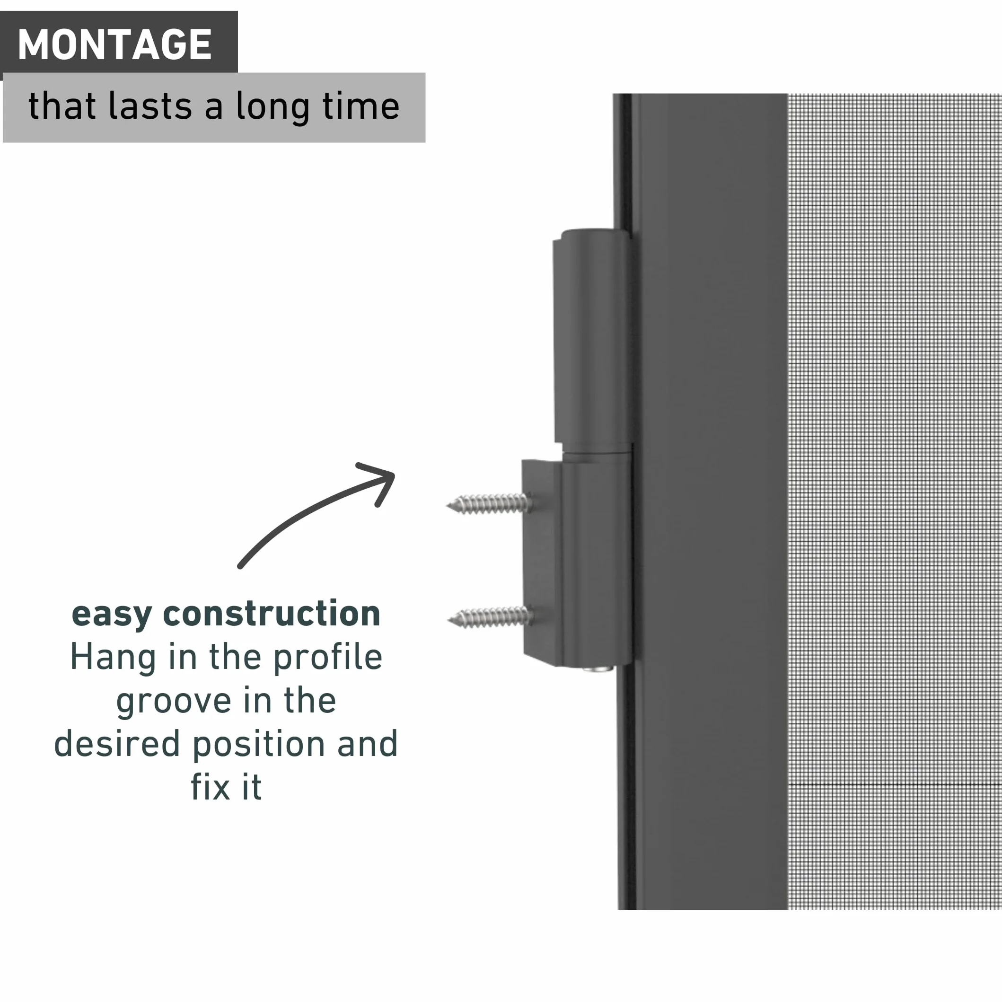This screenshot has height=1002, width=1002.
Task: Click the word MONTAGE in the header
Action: pos(114,44)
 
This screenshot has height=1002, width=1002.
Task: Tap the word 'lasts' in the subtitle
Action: pos(150,106)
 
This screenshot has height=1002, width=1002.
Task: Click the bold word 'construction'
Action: pos(272,613)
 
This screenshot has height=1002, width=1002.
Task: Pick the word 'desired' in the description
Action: pos(117,744)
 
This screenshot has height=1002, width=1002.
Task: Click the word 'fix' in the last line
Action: pos(211,787)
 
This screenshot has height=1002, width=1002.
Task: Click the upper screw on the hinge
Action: pos(489,504)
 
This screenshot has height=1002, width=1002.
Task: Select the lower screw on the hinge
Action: pos(490,617)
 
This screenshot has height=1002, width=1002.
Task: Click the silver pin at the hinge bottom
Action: pos(598,668)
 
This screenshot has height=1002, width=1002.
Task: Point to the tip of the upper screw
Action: pos(448,505)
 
